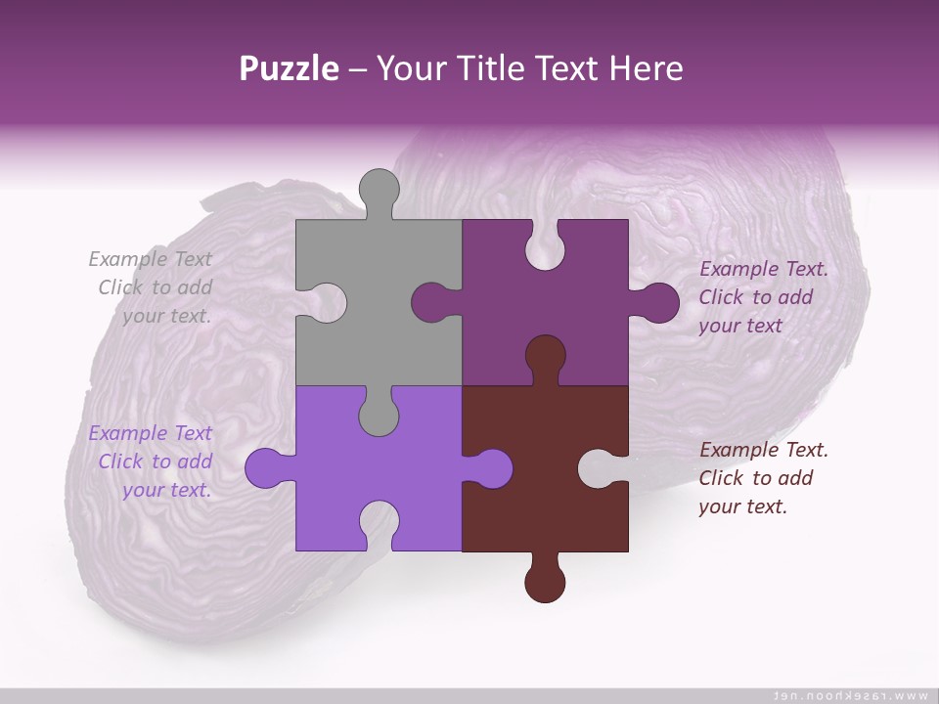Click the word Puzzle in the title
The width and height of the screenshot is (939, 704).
pyautogui.click(x=290, y=69)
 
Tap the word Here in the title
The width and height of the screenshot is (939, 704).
pyautogui.click(x=646, y=68)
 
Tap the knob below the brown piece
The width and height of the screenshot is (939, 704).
pyautogui.click(x=545, y=582)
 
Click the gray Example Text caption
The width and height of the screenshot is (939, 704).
pyautogui.click(x=152, y=287)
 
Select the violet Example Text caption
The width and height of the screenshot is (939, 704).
pyautogui.click(x=152, y=462)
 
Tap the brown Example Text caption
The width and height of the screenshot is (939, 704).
pyautogui.click(x=763, y=478)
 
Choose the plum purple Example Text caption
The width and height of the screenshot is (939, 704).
pyautogui.click(x=763, y=297)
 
